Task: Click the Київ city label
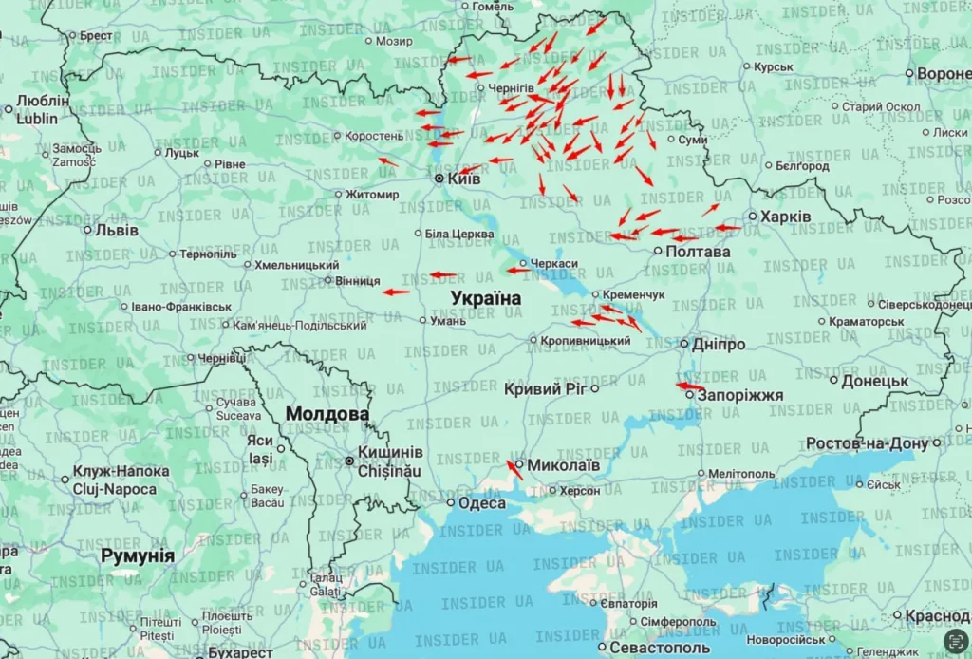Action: click(464, 179)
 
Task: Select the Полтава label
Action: click(699, 252)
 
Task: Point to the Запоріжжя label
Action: click(740, 395)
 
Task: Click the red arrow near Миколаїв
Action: click(514, 469)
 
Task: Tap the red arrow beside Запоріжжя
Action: click(687, 386)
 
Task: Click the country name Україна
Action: click(485, 298)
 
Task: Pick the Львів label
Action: click(117, 230)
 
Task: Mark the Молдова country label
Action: click(327, 414)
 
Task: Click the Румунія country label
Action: click(138, 555)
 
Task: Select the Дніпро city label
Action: click(719, 344)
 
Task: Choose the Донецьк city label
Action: click(875, 381)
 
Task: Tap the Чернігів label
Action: click(512, 88)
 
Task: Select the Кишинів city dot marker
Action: click(350, 461)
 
